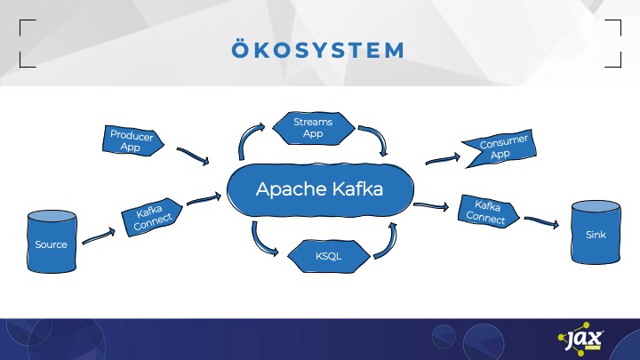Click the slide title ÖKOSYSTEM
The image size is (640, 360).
pos(320,51)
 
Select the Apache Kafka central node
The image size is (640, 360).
pos(319,189)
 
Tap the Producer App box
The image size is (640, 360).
pos(132,141)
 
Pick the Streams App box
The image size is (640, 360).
pos(312,127)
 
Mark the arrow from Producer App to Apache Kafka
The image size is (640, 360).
pos(193,156)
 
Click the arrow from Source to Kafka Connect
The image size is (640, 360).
pos(99,236)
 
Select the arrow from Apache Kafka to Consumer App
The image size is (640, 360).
pos(442,159)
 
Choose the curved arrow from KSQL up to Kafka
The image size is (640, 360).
pos(384,240)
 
